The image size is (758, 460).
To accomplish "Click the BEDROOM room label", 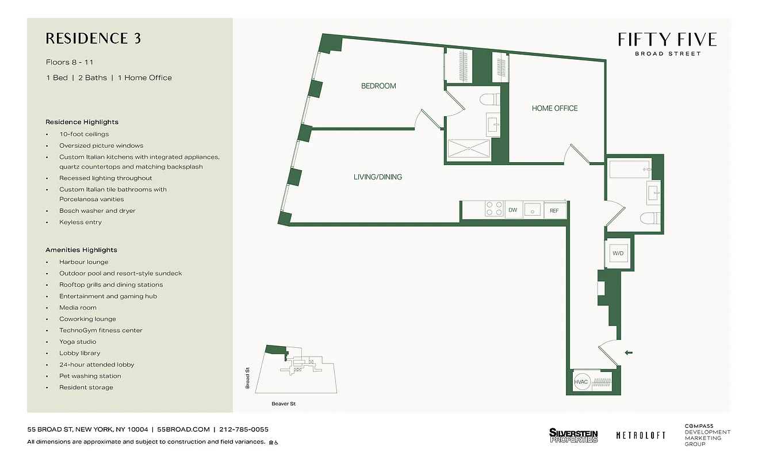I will click(378, 86).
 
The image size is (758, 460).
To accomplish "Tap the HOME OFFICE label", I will click(554, 108).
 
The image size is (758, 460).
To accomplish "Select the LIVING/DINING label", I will click(377, 177).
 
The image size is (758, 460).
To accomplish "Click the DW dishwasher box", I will click(512, 210).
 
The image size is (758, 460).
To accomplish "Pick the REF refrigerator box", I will click(554, 210).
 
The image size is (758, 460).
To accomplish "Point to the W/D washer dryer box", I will click(618, 253).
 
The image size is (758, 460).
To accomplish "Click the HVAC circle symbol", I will click(581, 382).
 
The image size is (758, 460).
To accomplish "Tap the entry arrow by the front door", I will click(629, 352).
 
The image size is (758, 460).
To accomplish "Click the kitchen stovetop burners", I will click(493, 210).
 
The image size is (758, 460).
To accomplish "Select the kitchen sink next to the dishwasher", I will click(533, 210).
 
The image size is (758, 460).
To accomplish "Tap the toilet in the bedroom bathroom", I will click(488, 100).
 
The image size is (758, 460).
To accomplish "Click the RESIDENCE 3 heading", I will click(93, 39).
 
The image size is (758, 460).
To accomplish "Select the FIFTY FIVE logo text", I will click(667, 40).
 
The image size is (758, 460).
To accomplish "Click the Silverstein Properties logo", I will click(573, 435).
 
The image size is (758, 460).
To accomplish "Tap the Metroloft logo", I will click(641, 435).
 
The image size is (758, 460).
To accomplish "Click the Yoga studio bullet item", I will click(78, 342).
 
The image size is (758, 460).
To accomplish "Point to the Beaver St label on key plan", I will click(284, 404).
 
